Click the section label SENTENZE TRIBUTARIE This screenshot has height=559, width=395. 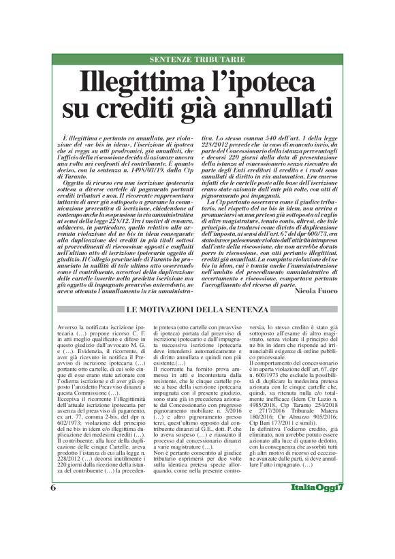[x=197, y=60]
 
